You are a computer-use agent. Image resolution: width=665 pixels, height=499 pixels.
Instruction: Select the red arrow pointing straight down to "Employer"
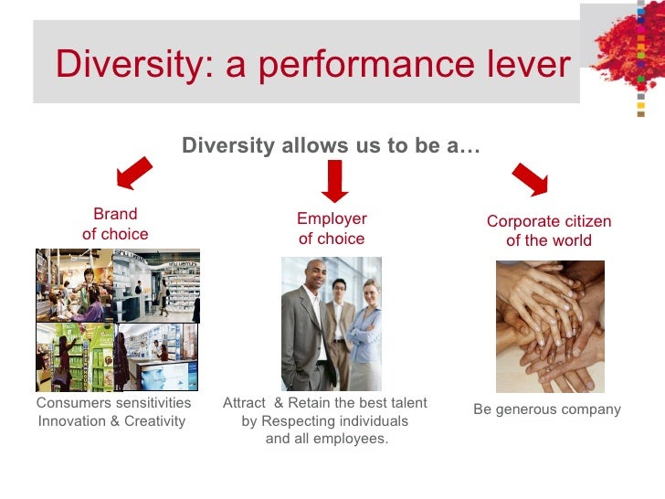coord(335,180)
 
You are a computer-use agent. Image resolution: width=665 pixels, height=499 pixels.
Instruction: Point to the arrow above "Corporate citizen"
coord(531,178)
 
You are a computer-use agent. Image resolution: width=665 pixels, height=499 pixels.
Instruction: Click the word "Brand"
coord(115,214)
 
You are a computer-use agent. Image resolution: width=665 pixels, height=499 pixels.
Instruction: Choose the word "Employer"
coord(332,218)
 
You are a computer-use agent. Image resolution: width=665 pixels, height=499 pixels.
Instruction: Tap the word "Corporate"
coord(522,221)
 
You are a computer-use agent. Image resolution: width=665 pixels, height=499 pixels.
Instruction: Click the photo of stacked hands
coord(550,326)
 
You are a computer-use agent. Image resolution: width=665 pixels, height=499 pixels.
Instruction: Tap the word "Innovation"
coord(73,421)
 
